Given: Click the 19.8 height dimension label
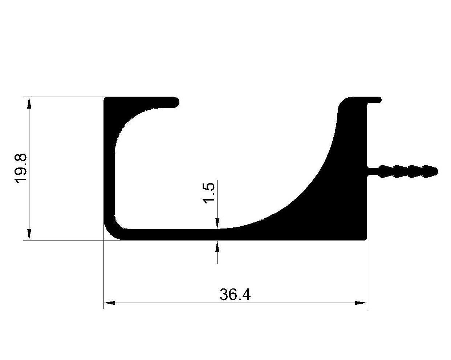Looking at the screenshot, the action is [x=21, y=169].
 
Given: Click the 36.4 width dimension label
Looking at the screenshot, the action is [x=235, y=295].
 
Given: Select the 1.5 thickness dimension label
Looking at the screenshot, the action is [x=208, y=193].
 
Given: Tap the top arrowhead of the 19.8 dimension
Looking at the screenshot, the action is [x=29, y=103].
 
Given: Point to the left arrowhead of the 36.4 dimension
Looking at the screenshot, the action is [x=110, y=303].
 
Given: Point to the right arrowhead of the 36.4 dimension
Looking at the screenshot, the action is [x=361, y=303].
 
